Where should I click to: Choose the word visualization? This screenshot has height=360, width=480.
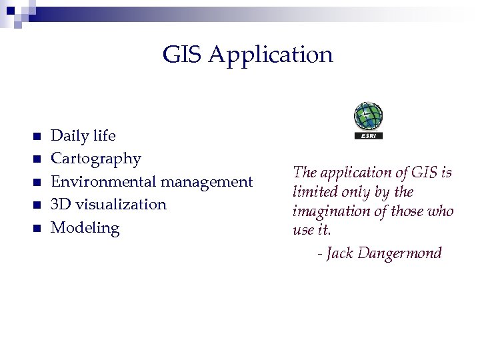pos(121,204)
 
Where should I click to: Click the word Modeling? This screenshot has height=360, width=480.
pos(85,228)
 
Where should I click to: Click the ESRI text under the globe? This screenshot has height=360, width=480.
pos(368,135)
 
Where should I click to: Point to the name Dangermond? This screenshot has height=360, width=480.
pos(400,253)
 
